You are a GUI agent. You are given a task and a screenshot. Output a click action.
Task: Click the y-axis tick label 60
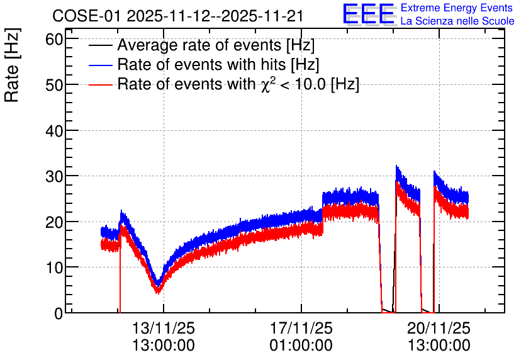[x=54, y=40]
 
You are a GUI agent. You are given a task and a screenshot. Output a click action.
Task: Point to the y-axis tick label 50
[x=54, y=85]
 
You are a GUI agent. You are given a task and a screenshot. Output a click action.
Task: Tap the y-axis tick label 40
[x=54, y=131]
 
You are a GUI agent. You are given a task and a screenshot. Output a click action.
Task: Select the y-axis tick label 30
[x=54, y=176]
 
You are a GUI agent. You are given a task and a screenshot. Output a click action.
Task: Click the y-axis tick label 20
[x=54, y=222]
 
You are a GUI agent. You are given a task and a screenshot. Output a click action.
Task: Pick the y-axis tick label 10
[x=54, y=267]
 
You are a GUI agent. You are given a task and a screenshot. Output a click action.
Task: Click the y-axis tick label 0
[x=59, y=313]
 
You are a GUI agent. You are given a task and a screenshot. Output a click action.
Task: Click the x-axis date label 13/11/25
[x=164, y=328]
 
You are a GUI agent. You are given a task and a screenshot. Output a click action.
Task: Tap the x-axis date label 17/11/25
[x=301, y=328]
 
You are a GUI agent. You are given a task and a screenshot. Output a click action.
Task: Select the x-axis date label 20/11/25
[x=439, y=328]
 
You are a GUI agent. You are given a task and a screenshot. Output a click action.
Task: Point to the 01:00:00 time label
[x=301, y=345]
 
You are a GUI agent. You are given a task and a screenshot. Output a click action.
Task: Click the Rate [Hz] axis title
[x=12, y=65]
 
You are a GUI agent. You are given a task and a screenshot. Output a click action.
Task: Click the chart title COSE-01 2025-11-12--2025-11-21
[x=178, y=16]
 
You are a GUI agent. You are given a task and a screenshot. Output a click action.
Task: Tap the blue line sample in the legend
[x=100, y=65]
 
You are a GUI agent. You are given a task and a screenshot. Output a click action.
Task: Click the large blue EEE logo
[x=368, y=14]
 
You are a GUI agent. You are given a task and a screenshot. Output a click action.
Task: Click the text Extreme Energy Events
[x=457, y=8]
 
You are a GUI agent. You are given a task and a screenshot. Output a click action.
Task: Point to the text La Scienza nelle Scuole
[x=457, y=21]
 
